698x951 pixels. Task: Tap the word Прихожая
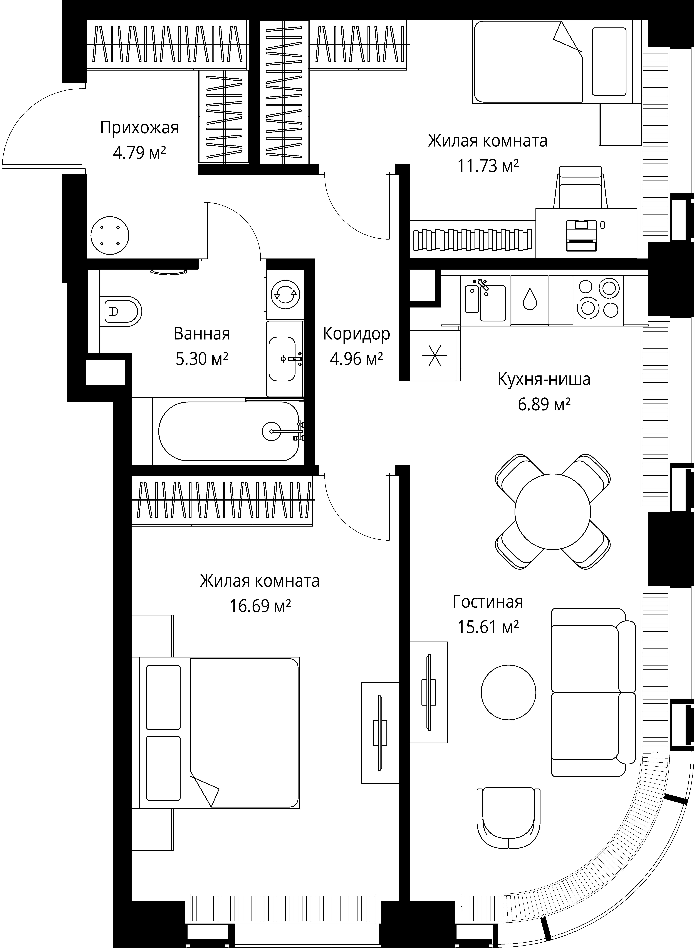[x=139, y=128]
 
